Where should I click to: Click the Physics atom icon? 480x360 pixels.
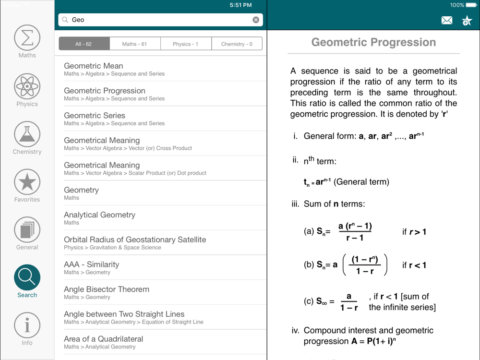(27, 86)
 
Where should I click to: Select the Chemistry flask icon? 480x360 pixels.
(27, 134)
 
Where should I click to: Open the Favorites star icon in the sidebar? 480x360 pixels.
(27, 182)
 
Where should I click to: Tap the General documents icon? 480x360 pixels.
(27, 230)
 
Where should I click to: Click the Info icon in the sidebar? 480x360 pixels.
(27, 325)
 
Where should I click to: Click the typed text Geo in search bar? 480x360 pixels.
(78, 20)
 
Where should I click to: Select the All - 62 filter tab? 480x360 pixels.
(84, 44)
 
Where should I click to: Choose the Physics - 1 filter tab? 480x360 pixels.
(186, 44)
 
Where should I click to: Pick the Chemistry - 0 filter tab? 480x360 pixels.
(237, 44)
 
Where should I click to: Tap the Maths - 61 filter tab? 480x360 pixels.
(135, 44)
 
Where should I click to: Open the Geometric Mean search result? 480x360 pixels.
(94, 66)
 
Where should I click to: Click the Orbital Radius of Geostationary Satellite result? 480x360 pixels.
(135, 240)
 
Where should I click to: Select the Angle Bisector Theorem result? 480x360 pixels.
(107, 289)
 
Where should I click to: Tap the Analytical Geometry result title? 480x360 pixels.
(99, 215)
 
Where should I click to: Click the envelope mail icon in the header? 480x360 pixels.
(447, 20)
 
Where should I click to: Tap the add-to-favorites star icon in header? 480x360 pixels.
(467, 20)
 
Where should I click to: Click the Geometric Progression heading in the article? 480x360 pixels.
(373, 42)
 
